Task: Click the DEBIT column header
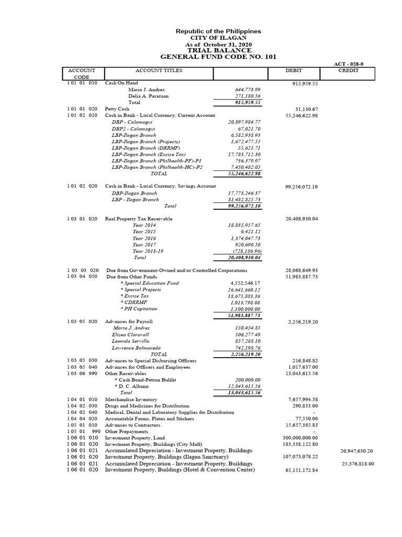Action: (x=294, y=70)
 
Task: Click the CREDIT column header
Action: (x=348, y=70)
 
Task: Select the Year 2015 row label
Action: (x=144, y=231)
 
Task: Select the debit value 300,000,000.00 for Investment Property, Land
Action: (x=300, y=438)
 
